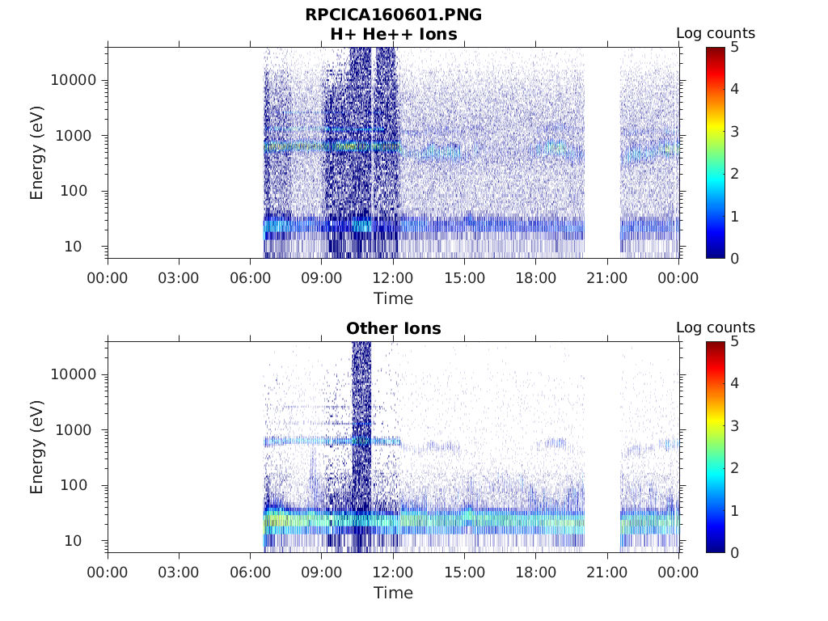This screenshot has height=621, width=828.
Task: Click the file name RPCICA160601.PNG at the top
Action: [393, 15]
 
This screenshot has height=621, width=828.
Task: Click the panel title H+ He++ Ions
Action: [393, 34]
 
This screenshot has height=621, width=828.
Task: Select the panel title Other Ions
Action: [393, 328]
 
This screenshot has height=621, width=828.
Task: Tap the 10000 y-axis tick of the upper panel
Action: [74, 80]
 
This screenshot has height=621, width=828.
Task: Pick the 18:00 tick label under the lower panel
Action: [535, 572]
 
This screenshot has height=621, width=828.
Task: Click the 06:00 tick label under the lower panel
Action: [251, 572]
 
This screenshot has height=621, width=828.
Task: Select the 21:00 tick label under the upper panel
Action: [607, 278]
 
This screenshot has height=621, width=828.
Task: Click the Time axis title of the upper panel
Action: [393, 298]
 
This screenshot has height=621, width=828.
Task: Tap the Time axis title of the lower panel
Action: [393, 593]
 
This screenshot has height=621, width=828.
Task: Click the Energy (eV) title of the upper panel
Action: [37, 152]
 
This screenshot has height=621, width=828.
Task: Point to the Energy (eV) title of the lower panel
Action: [37, 446]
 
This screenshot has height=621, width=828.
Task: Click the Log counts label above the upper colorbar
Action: [716, 33]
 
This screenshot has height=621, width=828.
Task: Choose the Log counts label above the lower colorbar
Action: [716, 327]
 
